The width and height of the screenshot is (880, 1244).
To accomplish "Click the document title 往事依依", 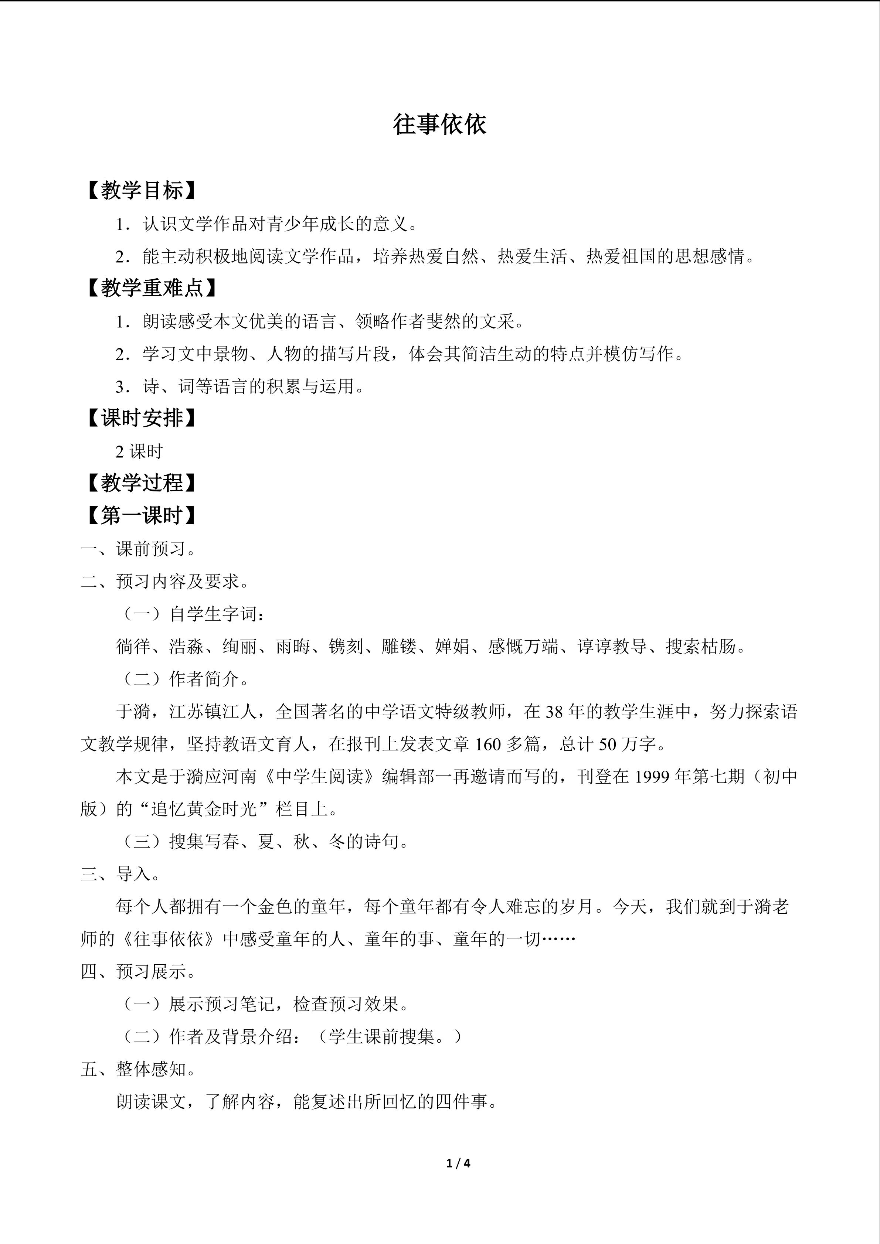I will tap(439, 125).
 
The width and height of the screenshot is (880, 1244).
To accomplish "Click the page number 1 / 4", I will tap(458, 1163).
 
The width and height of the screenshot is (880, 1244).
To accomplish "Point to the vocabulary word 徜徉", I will tap(133, 646).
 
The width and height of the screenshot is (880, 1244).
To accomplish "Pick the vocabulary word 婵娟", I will tap(452, 646).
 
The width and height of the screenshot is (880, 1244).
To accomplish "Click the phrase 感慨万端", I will tap(523, 646).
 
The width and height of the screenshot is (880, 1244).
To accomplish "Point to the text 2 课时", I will tap(139, 451).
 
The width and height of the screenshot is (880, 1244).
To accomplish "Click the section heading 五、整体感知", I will tap(139, 1069).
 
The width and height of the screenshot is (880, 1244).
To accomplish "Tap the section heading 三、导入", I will tap(120, 874).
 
